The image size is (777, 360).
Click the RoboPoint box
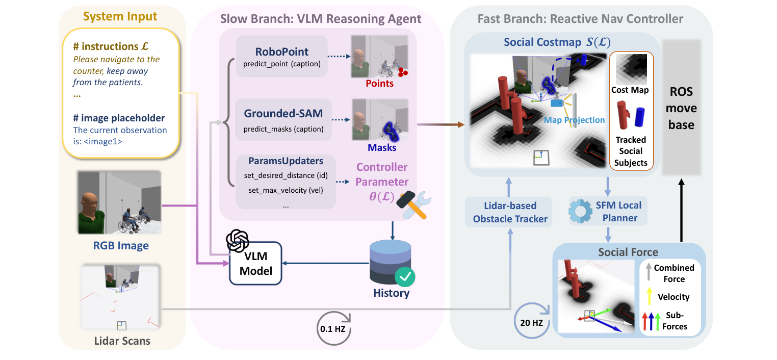click(x=282, y=57)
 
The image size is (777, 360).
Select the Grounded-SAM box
click(x=283, y=120)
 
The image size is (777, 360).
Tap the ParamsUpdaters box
click(x=286, y=182)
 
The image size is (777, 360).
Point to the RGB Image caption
click(x=121, y=246)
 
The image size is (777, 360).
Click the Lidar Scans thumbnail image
click(x=121, y=297)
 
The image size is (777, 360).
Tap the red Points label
click(x=379, y=83)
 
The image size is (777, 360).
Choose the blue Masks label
click(x=381, y=148)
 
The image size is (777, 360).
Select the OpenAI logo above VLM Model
click(x=237, y=241)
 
